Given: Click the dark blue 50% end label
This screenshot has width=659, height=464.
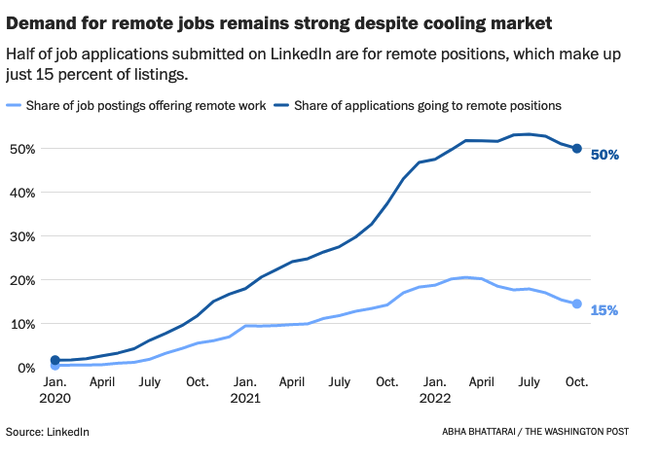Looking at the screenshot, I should pos(604,155).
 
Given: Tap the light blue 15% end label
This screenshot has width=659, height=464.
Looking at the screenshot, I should pos(604,310).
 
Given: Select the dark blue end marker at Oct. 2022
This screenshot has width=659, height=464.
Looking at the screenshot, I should pos(576,149).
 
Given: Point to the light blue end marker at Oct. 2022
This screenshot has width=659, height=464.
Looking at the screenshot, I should pos(576,304).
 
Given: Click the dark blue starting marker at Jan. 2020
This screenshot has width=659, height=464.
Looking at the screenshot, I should pos(55,361).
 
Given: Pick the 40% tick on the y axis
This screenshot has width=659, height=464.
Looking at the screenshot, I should pos(22,193).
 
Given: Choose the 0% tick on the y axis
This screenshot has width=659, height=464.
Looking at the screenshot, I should pos(26,368).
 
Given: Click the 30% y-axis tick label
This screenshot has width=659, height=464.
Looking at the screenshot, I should pos(22,236).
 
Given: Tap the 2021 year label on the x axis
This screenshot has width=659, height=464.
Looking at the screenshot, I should pos(245,398).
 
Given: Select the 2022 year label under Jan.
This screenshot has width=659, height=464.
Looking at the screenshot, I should pos(434,398).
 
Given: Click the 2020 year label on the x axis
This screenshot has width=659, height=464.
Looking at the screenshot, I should pos(55,398).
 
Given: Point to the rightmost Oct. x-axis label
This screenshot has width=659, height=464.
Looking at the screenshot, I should pos(576,382).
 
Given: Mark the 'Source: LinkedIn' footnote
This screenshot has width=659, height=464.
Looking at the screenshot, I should pos(48,431).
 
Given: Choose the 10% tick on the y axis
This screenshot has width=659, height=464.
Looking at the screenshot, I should pos(22,324).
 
